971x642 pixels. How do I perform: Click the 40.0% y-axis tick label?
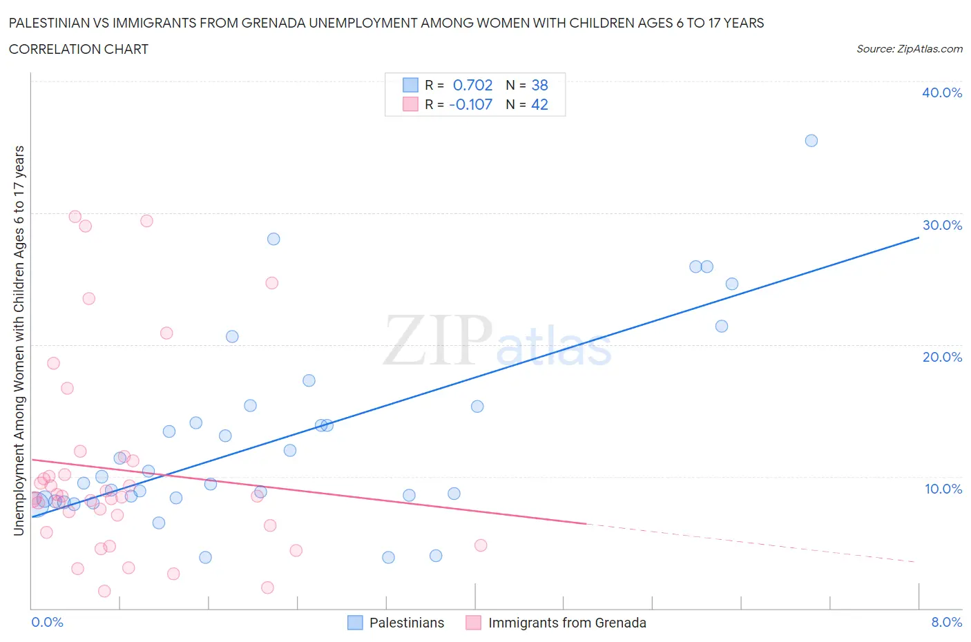(941, 93)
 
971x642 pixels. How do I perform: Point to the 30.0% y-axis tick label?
(941, 225)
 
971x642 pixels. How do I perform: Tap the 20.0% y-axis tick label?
(941, 357)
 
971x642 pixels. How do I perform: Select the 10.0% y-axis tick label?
(943, 489)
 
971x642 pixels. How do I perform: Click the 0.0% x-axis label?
(47, 622)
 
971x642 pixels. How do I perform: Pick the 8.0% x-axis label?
(946, 622)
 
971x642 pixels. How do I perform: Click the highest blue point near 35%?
(811, 141)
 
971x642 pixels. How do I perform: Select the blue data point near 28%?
(273, 239)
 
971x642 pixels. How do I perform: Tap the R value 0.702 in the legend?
(472, 85)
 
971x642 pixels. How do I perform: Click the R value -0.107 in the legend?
(470, 104)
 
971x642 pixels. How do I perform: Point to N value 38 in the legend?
(539, 85)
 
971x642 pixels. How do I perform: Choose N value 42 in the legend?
(539, 104)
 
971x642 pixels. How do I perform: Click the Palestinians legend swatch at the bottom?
(355, 623)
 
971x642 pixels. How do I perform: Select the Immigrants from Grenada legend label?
(567, 623)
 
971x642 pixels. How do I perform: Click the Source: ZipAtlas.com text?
(909, 48)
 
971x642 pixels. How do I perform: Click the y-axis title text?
(19, 341)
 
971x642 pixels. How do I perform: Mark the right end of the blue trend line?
(919, 237)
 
